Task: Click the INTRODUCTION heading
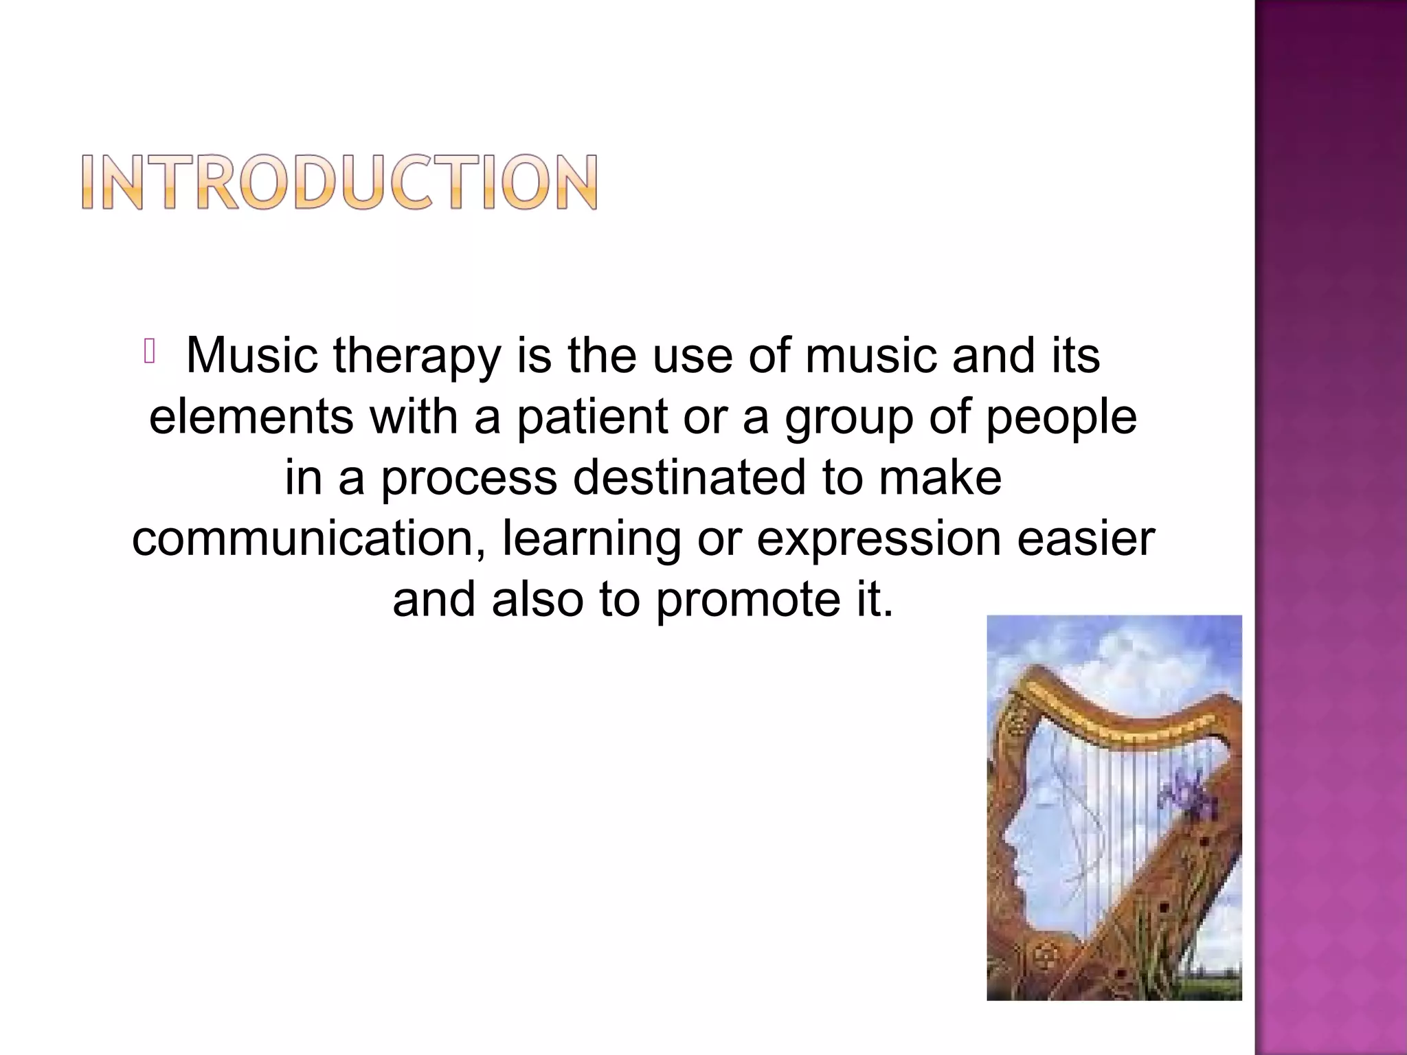coord(339,182)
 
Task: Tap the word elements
coord(251,417)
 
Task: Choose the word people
coord(1061,417)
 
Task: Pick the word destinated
coord(689,477)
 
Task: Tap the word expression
coord(879,538)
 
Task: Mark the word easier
coord(1085,538)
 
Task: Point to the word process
coord(469,477)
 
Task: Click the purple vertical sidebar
coord(1330,527)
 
